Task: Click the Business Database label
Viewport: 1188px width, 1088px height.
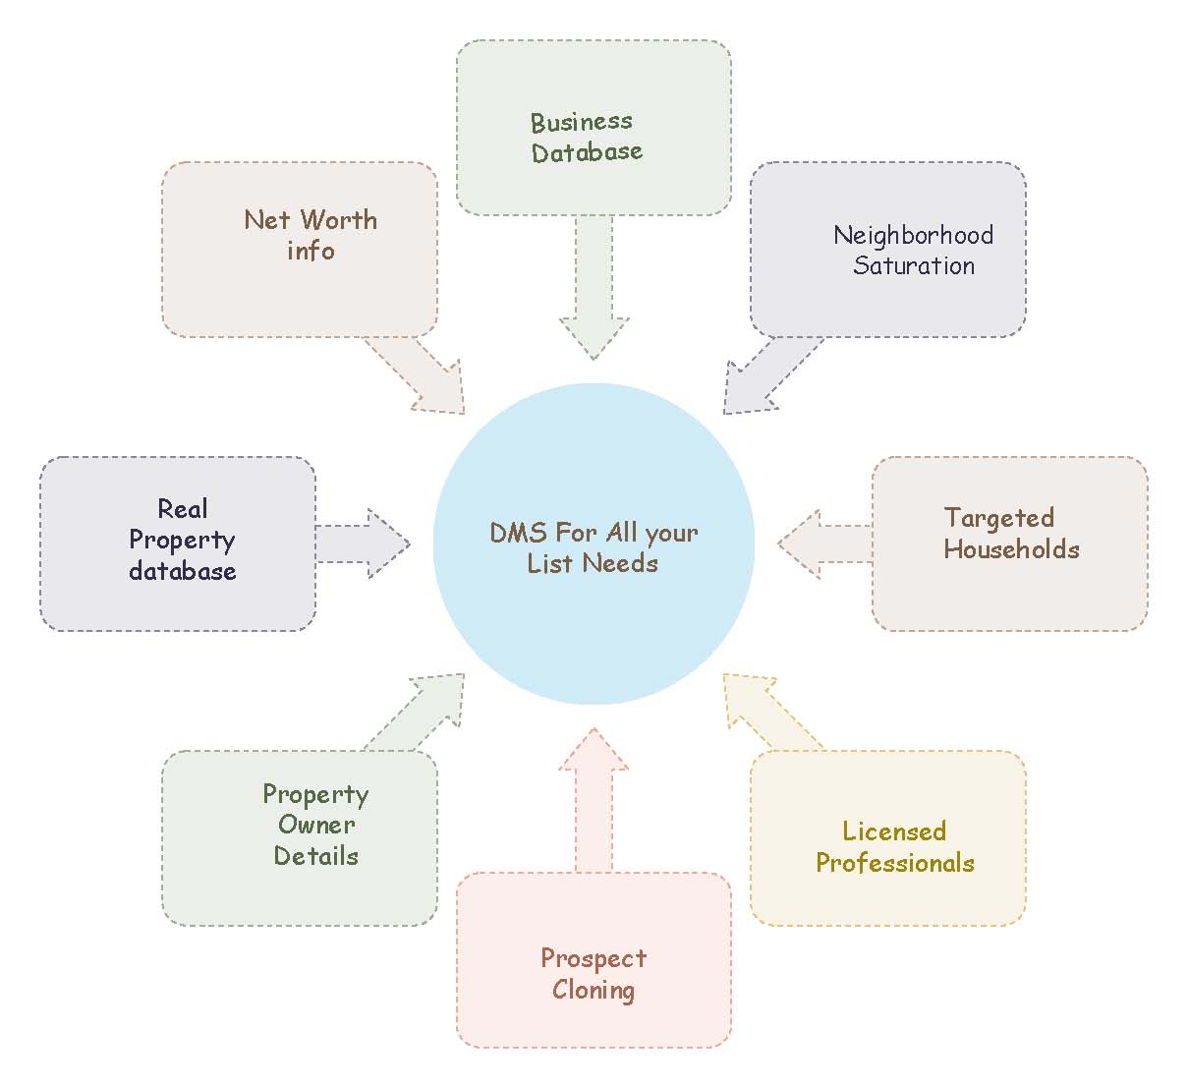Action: [587, 137]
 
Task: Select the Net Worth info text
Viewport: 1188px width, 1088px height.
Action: [311, 235]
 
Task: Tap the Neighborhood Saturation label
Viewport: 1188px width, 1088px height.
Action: [913, 250]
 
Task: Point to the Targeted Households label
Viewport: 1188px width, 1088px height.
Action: [1011, 534]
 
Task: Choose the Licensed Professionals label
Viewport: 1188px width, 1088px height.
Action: [894, 847]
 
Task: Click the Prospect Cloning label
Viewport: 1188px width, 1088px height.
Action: [594, 974]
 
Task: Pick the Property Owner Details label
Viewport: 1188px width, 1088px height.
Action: [315, 825]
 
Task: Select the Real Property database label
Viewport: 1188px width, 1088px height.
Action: [183, 540]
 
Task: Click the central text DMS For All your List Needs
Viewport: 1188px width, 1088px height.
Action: [594, 547]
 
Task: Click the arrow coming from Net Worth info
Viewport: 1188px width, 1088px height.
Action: [418, 374]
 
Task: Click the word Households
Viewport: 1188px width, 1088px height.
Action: [1011, 549]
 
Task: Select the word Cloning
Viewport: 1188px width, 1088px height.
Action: [594, 990]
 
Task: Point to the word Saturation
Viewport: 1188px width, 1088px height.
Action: [914, 265]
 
